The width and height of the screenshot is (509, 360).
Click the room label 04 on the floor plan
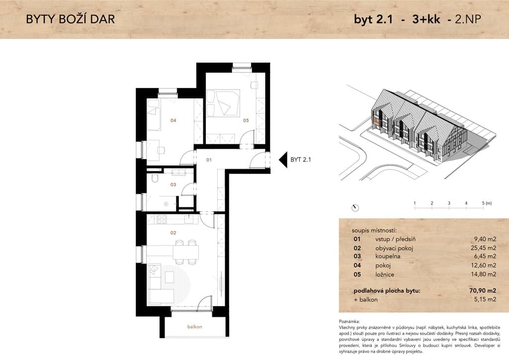173,120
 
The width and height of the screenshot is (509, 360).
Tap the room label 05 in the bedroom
246,120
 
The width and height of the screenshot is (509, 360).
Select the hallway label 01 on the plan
209,160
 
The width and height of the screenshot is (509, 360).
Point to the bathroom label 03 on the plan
173,184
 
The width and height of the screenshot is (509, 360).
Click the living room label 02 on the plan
173,233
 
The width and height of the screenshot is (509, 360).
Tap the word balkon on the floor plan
195,327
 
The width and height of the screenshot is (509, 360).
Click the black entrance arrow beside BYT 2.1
283,160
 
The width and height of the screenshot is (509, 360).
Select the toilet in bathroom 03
155,178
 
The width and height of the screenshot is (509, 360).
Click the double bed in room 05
223,103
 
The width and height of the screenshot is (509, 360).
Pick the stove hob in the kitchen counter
162,219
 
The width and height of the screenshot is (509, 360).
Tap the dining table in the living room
186,252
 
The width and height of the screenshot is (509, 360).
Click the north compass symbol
355,208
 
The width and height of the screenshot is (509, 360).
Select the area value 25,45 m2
484,248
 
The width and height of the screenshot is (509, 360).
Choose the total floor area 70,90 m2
483,290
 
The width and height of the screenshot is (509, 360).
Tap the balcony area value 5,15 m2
485,299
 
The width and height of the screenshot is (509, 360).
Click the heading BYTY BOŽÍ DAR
71,19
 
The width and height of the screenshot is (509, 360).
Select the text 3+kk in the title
426,19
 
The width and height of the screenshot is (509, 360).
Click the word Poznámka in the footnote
349,321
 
